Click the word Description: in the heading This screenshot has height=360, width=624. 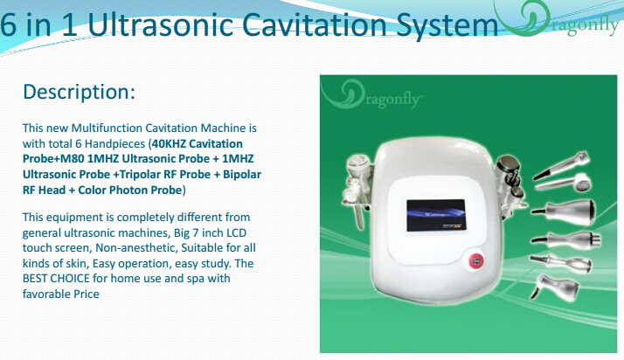click(x=80, y=92)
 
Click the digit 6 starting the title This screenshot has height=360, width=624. click(x=9, y=24)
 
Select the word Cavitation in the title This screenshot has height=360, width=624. click(x=314, y=24)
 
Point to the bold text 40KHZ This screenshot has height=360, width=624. click(x=169, y=143)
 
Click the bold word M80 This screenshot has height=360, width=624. click(x=72, y=159)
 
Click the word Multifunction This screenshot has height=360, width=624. click(x=107, y=128)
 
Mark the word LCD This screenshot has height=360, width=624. click(x=236, y=232)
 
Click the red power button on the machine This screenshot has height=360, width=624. click(x=476, y=261)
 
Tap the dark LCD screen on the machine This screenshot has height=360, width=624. click(x=436, y=215)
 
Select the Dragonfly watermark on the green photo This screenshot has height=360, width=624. click(x=371, y=93)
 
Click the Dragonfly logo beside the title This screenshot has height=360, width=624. click(x=558, y=19)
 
